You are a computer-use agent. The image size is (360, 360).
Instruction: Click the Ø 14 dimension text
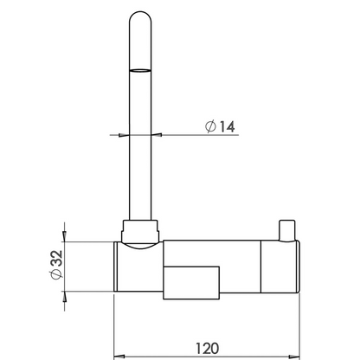[220, 126]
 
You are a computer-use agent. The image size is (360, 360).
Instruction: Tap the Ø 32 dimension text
[56, 265]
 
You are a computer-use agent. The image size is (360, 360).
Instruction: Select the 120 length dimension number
[207, 349]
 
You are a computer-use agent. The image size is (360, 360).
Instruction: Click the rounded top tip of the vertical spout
[140, 12]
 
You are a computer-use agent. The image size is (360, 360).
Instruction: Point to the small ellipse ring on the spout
[140, 70]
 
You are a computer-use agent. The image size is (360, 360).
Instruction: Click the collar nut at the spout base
[140, 231]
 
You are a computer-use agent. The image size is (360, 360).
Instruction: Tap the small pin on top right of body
[286, 230]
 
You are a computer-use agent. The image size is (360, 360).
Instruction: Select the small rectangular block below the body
[191, 283]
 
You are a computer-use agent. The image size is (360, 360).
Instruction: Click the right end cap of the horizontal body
[280, 267]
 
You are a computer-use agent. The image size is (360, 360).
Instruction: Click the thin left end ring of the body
[115, 267]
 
